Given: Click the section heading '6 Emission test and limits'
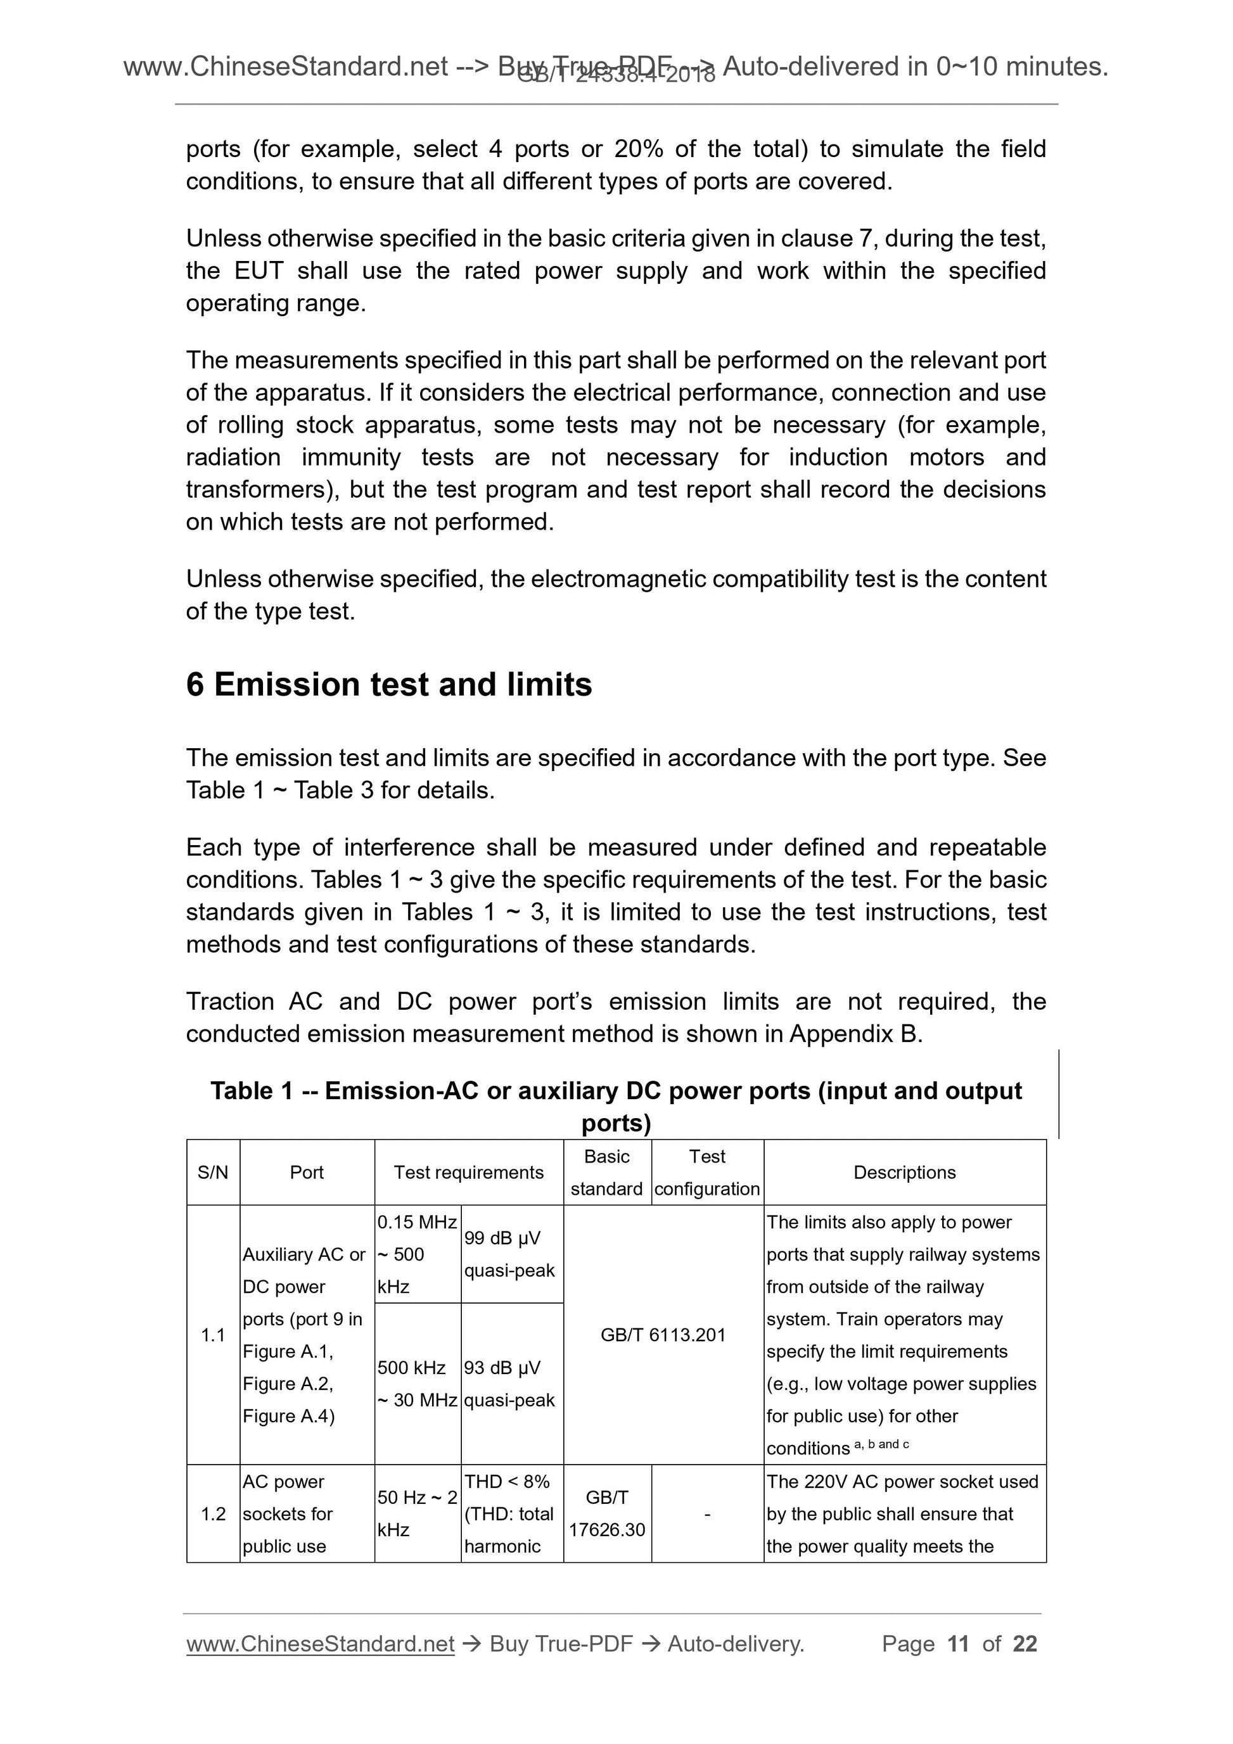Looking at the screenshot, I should (x=388, y=684).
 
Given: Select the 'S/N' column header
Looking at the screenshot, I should (x=213, y=1172).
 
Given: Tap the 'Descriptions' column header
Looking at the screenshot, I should (x=904, y=1172).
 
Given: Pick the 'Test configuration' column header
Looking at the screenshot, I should (x=706, y=1172).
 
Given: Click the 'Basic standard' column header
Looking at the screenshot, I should (x=606, y=1172).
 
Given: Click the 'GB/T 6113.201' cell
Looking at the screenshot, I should (x=663, y=1335).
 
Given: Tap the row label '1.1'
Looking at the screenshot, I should (x=213, y=1335).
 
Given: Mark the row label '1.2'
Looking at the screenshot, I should (x=213, y=1514).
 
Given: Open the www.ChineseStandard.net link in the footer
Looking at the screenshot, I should (x=320, y=1644).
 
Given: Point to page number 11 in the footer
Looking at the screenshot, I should (x=958, y=1644).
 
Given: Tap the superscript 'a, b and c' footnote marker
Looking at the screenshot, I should (x=881, y=1444).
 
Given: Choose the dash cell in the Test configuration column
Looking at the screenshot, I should (x=707, y=1514).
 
